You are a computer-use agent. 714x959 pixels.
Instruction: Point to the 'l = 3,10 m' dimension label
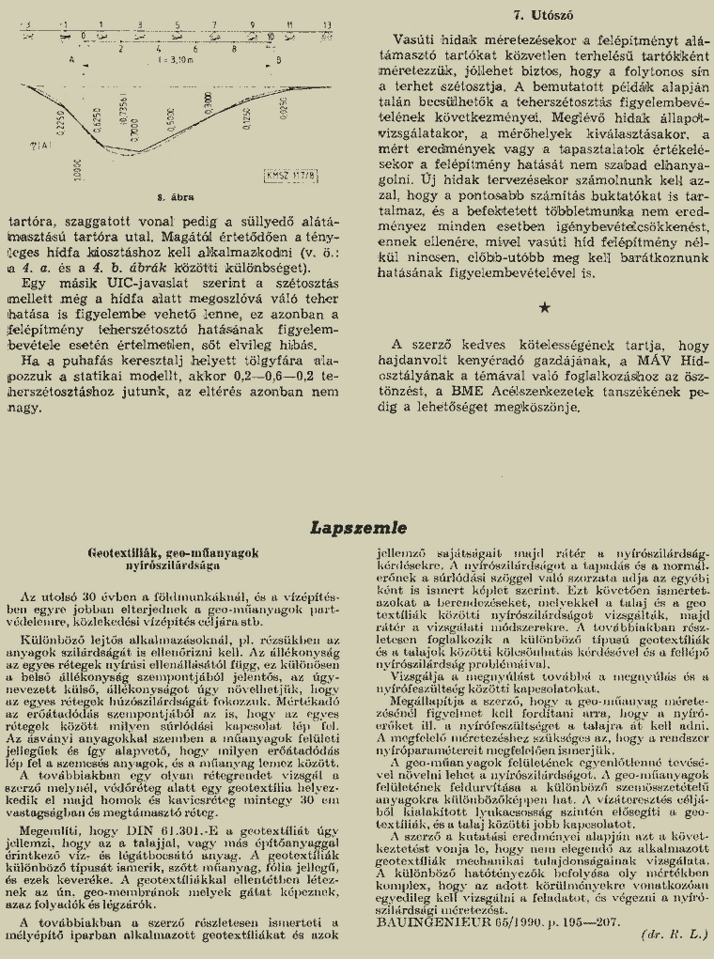(174, 57)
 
